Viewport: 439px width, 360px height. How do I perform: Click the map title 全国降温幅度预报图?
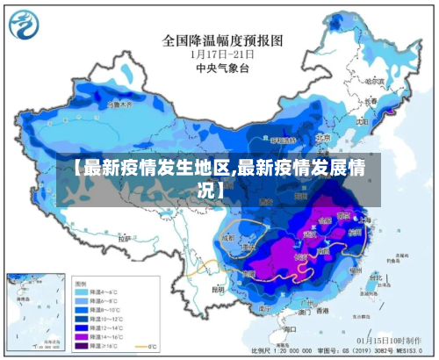(222, 40)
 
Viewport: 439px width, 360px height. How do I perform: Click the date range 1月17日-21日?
(222, 53)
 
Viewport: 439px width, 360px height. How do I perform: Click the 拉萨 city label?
(124, 238)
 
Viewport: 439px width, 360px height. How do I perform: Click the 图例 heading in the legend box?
(82, 284)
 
